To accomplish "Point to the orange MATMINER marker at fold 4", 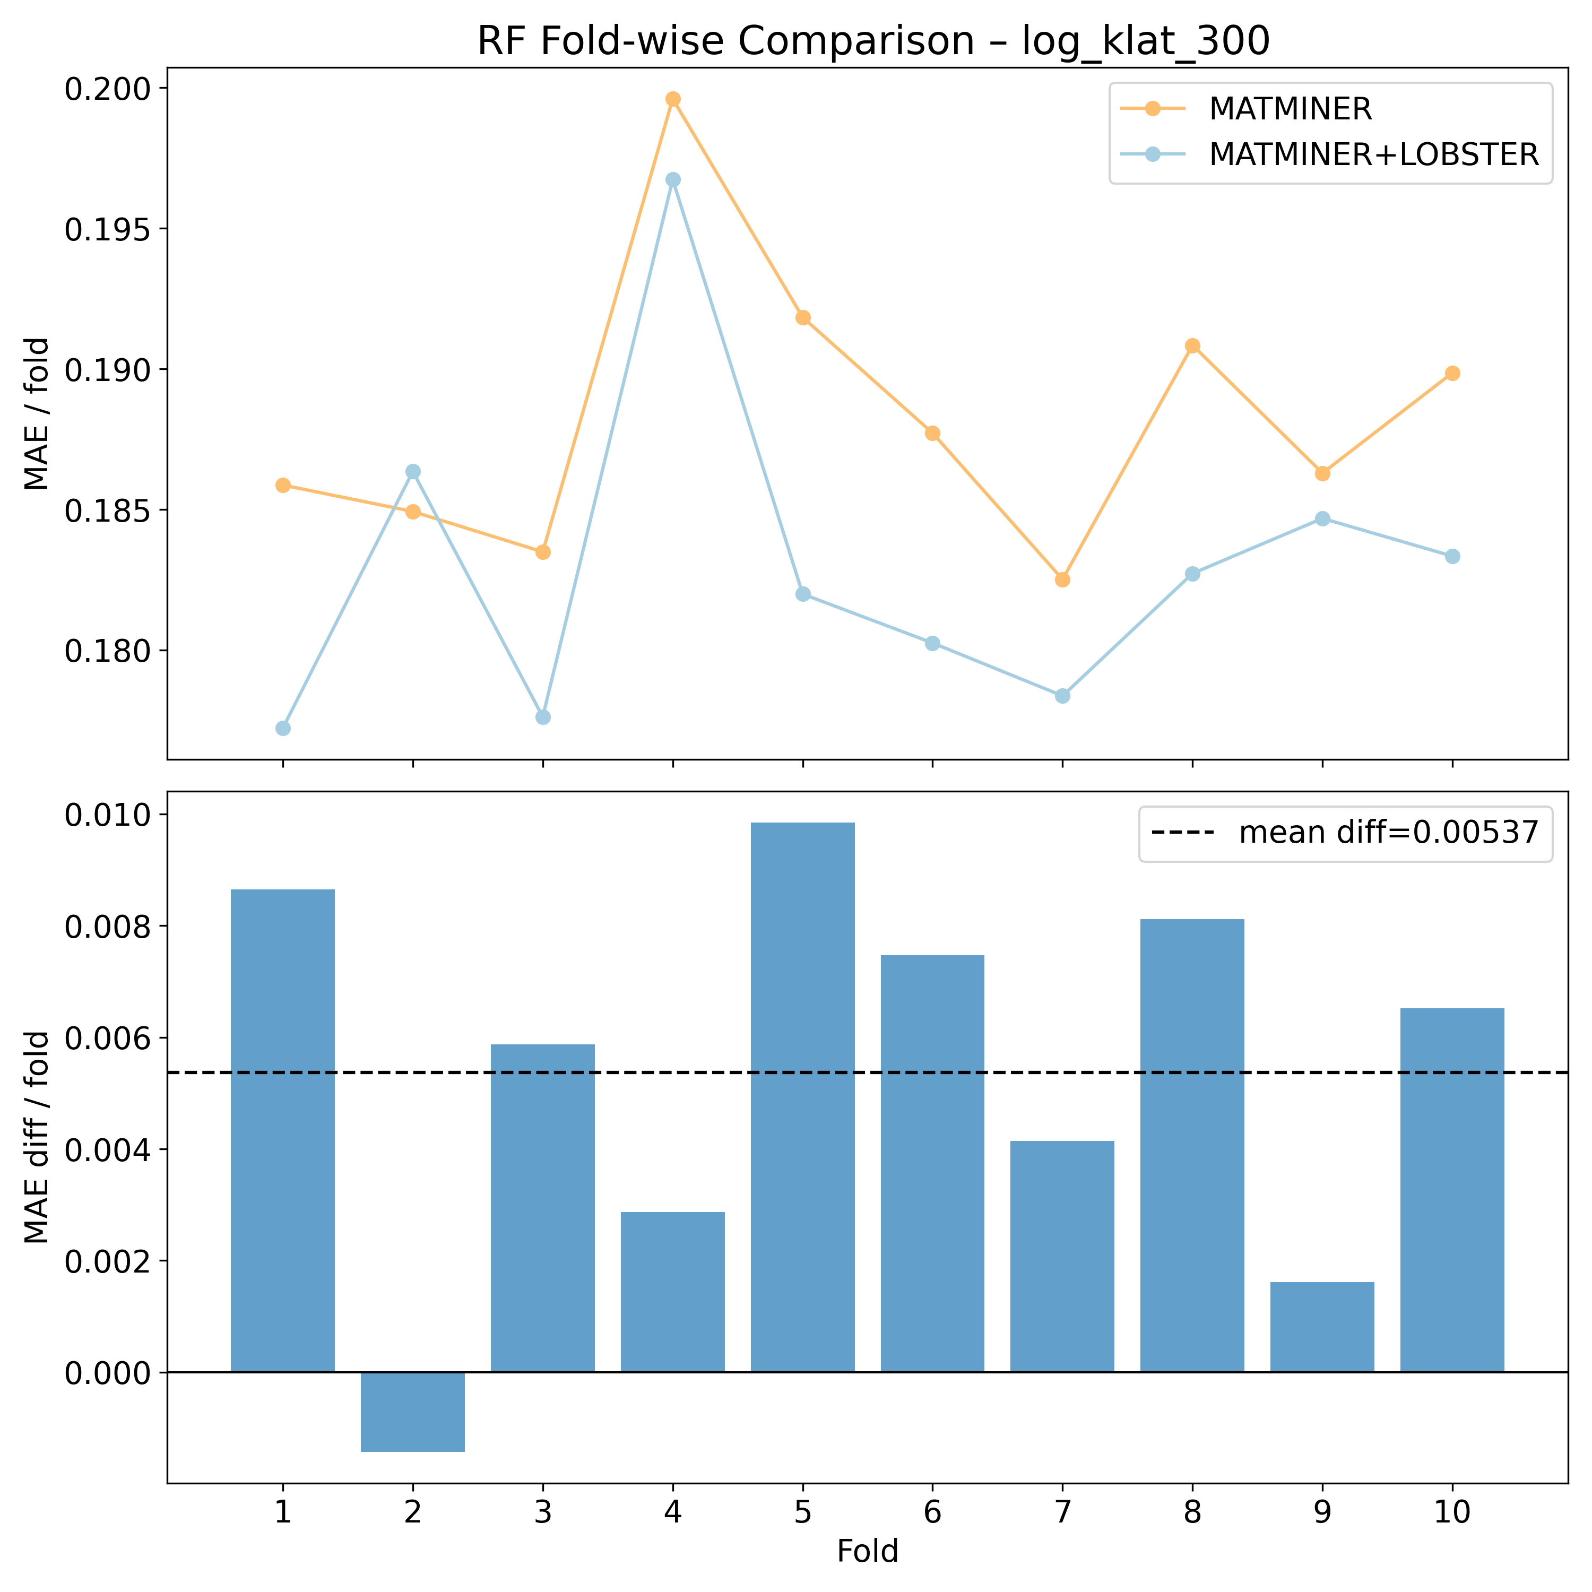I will click(x=673, y=99).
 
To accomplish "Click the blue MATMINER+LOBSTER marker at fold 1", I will click(x=283, y=728).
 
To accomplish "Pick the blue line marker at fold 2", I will click(x=413, y=471).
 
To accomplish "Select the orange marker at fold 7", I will click(x=1062, y=579).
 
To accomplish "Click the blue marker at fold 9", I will click(x=1322, y=518).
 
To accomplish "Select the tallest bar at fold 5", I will click(x=802, y=1096).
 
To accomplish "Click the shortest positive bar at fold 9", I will click(x=1322, y=1327).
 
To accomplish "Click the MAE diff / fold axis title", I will click(x=37, y=1137).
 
